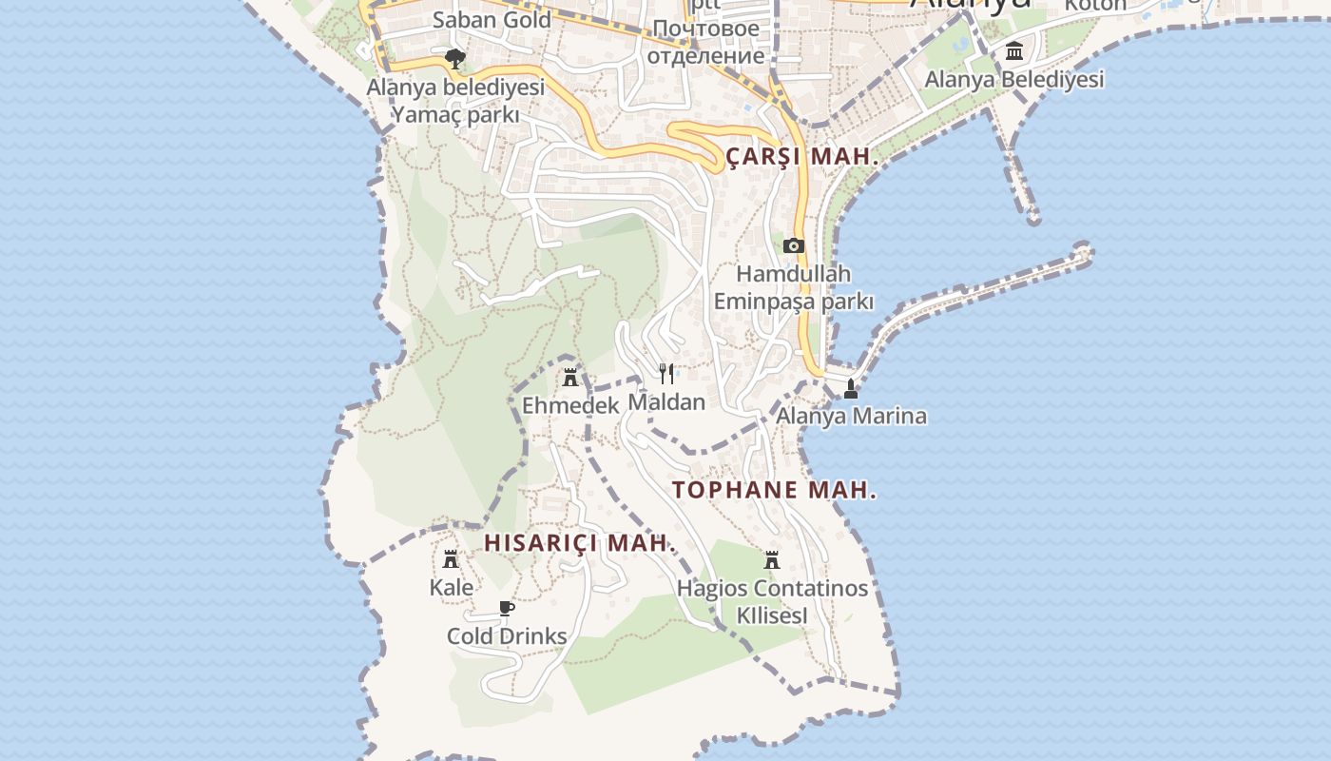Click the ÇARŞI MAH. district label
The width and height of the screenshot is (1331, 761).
pyautogui.click(x=802, y=157)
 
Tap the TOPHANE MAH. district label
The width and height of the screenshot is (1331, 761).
pyautogui.click(x=774, y=491)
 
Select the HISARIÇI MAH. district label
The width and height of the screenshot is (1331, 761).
pyautogui.click(x=580, y=543)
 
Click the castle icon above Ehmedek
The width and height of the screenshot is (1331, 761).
pyautogui.click(x=570, y=378)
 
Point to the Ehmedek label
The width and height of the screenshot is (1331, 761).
pyautogui.click(x=570, y=405)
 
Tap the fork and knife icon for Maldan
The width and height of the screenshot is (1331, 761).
pyautogui.click(x=666, y=374)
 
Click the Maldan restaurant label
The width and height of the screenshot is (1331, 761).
pyautogui.click(x=666, y=401)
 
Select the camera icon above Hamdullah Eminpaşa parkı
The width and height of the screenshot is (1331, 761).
pyautogui.click(x=793, y=246)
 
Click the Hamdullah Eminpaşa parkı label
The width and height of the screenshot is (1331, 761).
pyautogui.click(x=793, y=287)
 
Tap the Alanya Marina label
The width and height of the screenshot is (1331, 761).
pyautogui.click(x=851, y=416)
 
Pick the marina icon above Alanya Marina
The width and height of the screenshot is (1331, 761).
pyautogui.click(x=851, y=389)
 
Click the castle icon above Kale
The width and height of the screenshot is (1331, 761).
pyautogui.click(x=451, y=559)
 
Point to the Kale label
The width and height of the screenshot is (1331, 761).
pyautogui.click(x=451, y=587)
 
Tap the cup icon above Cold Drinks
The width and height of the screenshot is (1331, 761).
pyautogui.click(x=507, y=609)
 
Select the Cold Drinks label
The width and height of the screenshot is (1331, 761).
pyautogui.click(x=507, y=636)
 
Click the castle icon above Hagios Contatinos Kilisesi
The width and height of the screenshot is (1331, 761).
pyautogui.click(x=772, y=560)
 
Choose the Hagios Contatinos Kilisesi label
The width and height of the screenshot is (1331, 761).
pyautogui.click(x=772, y=601)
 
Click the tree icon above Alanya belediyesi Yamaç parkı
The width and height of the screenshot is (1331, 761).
pyautogui.click(x=455, y=59)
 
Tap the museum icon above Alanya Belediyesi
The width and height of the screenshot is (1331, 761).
pyautogui.click(x=1014, y=51)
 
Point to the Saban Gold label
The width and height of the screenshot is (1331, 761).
pyautogui.click(x=492, y=19)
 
